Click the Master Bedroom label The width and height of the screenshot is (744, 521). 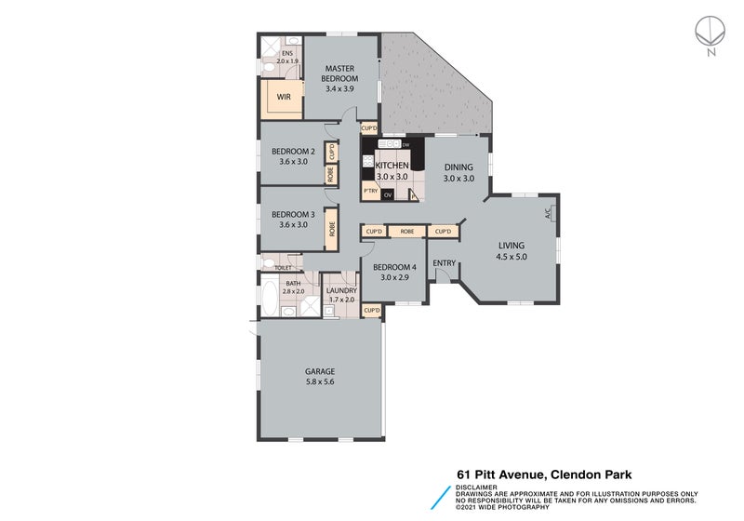coord(340,73)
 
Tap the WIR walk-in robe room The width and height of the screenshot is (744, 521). coord(284,96)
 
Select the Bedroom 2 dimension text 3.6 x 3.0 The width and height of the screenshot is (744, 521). coord(293,162)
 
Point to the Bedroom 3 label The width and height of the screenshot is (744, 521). coord(293,214)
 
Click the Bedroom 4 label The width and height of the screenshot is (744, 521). coord(393,267)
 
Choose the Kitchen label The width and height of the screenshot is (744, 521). coord(392,165)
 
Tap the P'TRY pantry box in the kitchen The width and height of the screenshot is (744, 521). coord(370,193)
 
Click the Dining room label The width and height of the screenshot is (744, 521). coord(458,167)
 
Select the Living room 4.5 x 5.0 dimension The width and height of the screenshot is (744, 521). coord(511,256)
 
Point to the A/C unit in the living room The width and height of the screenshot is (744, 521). coord(549,212)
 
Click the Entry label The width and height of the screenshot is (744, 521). coord(444,263)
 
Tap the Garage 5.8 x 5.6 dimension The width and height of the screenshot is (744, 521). coord(320,381)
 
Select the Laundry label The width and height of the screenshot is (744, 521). coord(341,290)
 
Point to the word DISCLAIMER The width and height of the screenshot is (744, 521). coord(476,487)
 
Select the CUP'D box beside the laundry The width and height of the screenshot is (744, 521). coord(371,310)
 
